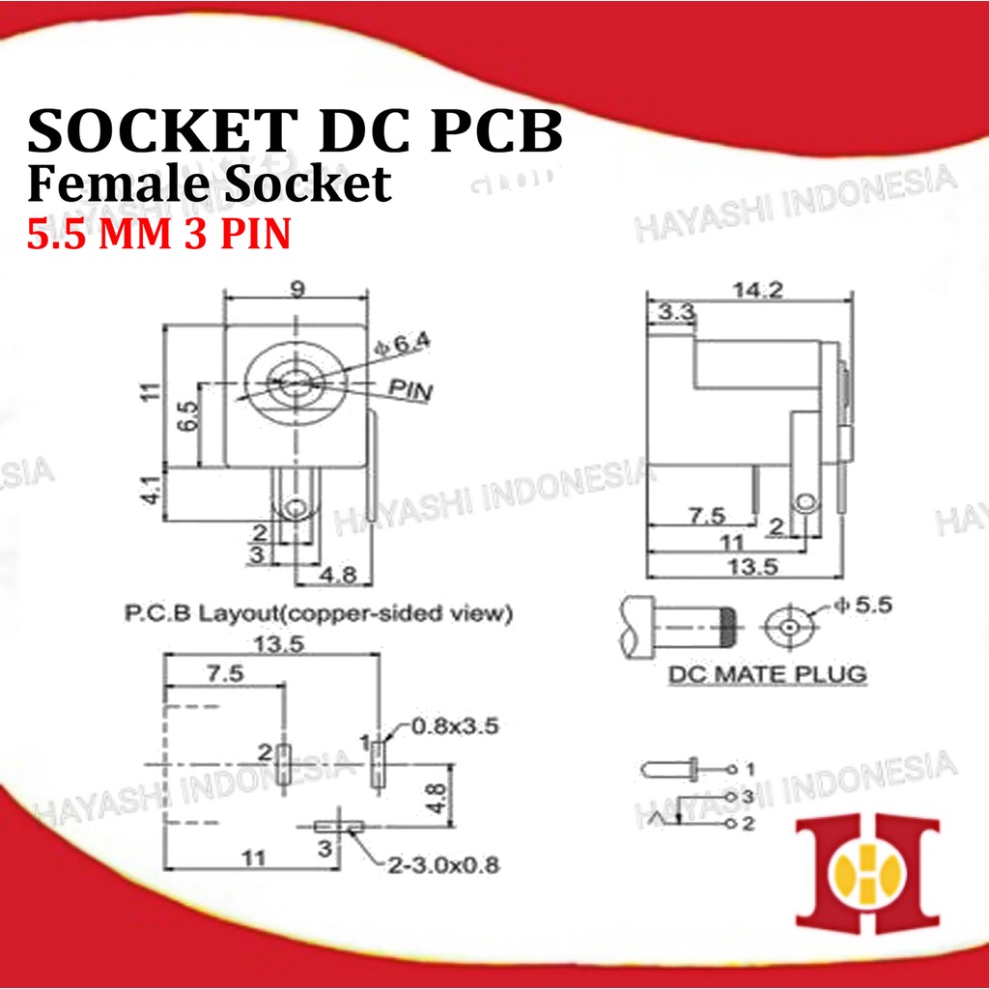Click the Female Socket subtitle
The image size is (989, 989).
[x=211, y=184]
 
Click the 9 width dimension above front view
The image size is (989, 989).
[x=297, y=290]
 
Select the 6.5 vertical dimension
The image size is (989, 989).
[x=188, y=417]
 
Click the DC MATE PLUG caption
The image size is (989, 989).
[x=768, y=673]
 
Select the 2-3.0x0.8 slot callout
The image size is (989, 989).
[x=438, y=864]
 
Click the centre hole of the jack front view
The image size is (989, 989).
[x=295, y=382]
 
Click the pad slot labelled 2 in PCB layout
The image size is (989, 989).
[x=284, y=764]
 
